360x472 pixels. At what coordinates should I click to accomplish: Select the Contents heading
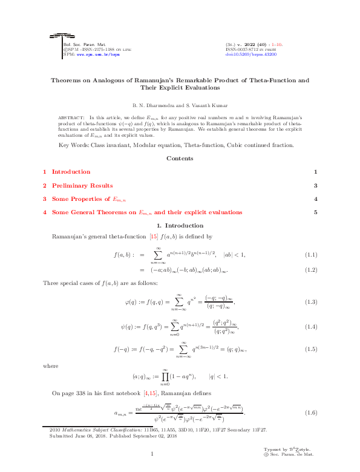pos(180,159)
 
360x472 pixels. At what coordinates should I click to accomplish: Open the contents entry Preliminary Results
pos(82,186)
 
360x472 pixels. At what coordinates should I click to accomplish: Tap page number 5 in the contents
pos(315,212)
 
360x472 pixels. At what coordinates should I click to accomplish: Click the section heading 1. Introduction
pos(180,225)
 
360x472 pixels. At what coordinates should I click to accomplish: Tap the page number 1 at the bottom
pos(153,454)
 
